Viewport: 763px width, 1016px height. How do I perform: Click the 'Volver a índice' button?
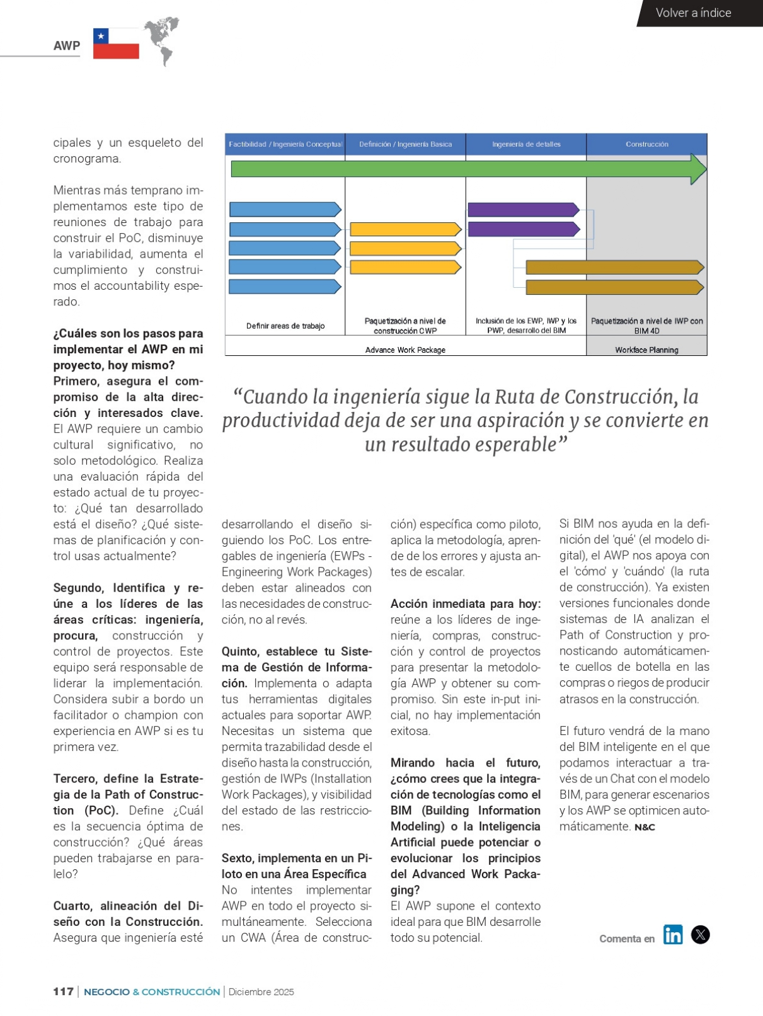pos(693,13)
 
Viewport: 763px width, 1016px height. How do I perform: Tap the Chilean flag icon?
pos(116,43)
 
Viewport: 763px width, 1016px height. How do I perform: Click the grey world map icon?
pos(162,40)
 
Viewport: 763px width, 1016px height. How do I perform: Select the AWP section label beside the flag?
pos(67,45)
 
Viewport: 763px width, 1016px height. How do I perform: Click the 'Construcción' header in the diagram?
pos(646,144)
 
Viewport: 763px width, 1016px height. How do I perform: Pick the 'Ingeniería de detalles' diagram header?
pos(526,144)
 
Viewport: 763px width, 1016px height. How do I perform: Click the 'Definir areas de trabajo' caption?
pos(285,326)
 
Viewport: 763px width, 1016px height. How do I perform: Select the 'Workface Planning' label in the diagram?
pos(646,350)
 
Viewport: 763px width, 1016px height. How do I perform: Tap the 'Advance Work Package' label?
pos(405,350)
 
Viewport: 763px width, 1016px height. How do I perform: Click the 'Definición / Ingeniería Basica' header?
pos(405,144)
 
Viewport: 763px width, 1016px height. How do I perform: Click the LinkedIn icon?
pos(673,935)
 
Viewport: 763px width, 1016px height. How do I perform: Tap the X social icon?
pos(700,935)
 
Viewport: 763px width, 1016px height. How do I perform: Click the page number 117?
pos(63,991)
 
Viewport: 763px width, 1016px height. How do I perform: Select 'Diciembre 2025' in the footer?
pos(261,992)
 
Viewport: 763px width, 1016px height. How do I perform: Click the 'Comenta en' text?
pos(627,939)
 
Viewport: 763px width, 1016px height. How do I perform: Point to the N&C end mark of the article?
pos(645,827)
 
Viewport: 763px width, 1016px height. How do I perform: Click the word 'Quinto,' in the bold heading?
pos(240,651)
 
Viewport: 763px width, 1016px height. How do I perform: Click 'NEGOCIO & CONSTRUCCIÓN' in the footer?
pos(152,992)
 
